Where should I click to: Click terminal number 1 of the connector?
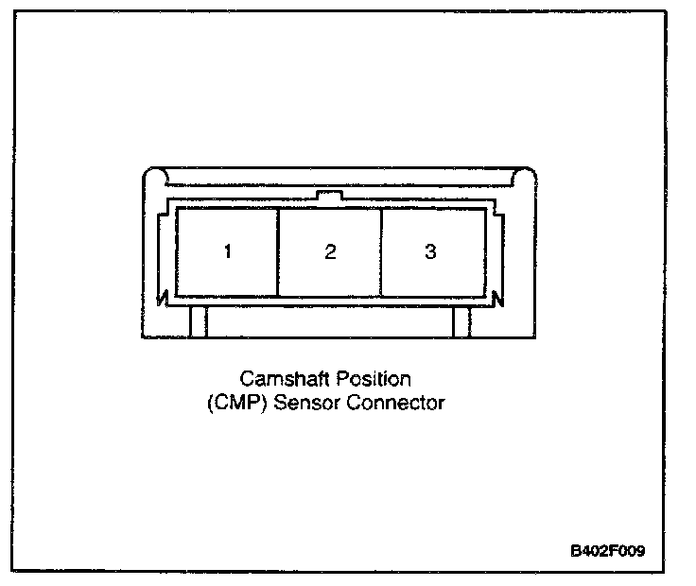pos(227,252)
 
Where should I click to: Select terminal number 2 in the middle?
pos(329,252)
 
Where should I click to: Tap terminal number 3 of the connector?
pos(431,252)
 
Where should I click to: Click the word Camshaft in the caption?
pos(276,379)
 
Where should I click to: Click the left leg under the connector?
pos(198,322)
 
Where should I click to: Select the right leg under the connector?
pos(461,322)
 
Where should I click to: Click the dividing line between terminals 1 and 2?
pos(278,252)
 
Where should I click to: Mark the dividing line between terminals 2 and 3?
pos(380,252)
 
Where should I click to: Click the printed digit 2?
pos(329,252)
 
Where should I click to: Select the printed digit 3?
pos(431,252)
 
